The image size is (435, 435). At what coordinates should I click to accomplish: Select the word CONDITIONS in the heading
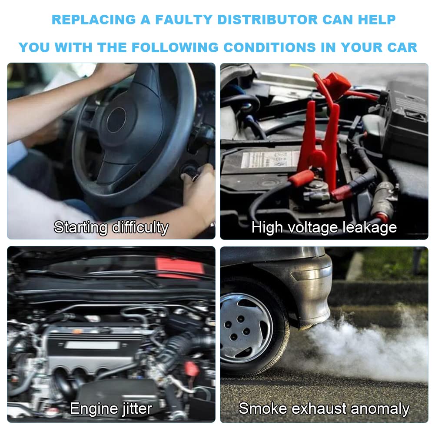pos(270,47)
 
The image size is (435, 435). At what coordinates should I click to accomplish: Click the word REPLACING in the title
pos(94,20)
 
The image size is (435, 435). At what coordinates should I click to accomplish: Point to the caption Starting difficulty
pos(111,227)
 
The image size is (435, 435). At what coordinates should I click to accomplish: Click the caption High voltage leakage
pos(324,227)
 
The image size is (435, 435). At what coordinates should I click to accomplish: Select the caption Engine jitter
pos(111,408)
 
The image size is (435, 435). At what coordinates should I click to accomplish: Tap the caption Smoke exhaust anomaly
pos(324,408)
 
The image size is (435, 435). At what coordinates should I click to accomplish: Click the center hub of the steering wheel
pos(116,120)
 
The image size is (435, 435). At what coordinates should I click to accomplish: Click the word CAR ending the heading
pos(402,47)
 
